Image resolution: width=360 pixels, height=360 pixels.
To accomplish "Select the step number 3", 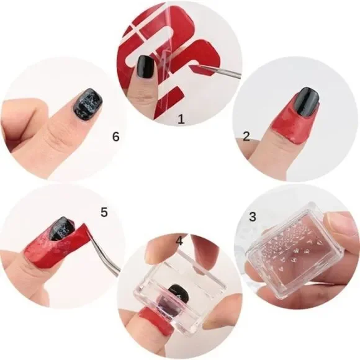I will (x=252, y=217).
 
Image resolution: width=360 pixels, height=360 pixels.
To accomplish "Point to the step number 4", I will (x=179, y=240).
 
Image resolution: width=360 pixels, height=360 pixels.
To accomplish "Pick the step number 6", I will (x=115, y=137).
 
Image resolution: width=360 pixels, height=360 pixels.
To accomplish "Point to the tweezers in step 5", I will (x=99, y=254).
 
